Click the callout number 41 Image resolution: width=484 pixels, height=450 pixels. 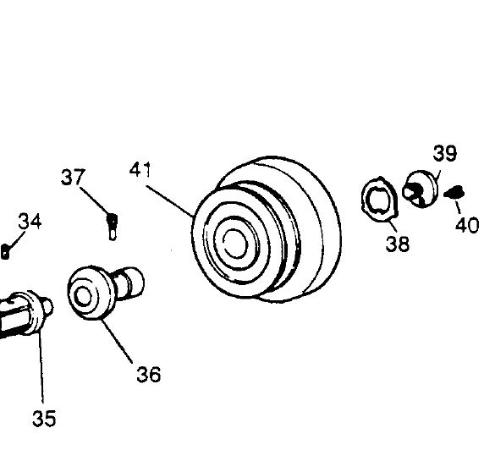[140, 169]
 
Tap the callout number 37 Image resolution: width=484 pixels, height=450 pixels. [73, 177]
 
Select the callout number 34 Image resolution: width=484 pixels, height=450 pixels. [30, 221]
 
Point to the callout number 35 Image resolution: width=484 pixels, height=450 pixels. [44, 418]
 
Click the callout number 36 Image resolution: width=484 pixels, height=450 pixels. [149, 375]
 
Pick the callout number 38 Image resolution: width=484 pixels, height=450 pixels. [398, 244]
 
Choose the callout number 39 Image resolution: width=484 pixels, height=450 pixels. [445, 153]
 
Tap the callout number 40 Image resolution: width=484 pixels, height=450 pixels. [467, 225]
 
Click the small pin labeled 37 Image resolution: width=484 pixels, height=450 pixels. [113, 227]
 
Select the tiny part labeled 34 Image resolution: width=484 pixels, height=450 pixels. [5, 251]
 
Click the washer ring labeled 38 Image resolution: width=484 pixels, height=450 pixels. [379, 199]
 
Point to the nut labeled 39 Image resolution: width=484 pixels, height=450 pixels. [421, 189]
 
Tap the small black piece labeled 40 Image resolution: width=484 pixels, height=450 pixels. [454, 192]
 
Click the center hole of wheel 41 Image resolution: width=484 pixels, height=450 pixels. [235, 244]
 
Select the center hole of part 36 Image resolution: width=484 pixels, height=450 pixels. [83, 296]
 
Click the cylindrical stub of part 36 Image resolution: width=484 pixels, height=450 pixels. [129, 283]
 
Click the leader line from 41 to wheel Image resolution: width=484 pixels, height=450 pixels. [170, 200]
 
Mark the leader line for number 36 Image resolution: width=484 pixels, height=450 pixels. [117, 341]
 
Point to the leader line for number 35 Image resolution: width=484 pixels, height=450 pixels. [41, 367]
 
